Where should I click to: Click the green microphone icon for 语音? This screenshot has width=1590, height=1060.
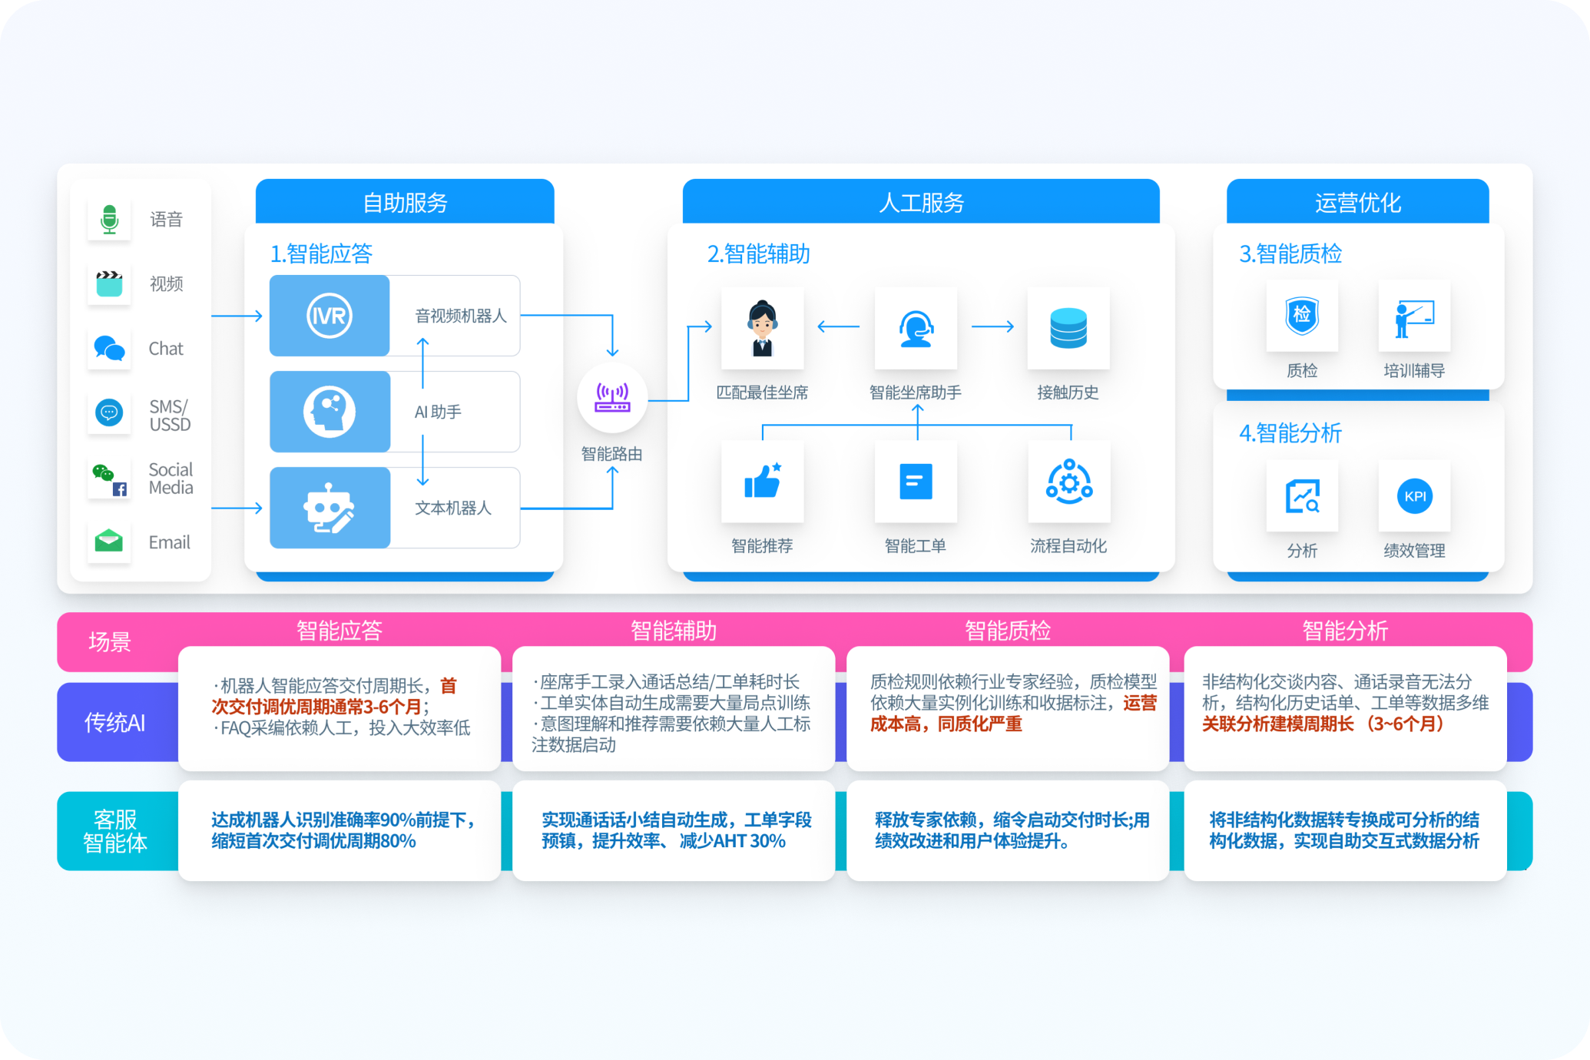click(x=109, y=219)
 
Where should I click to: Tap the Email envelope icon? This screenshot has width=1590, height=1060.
click(x=109, y=542)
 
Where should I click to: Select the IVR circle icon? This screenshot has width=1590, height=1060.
click(x=330, y=316)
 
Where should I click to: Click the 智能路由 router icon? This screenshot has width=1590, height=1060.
click(x=612, y=398)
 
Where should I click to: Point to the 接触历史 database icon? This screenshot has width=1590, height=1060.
click(x=1068, y=328)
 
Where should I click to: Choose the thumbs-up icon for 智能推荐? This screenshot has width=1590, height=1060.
click(x=762, y=482)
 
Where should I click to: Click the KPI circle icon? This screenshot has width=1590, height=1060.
click(x=1415, y=496)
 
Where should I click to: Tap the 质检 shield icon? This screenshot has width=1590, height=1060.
click(x=1302, y=316)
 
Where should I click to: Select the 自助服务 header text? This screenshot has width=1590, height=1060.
click(x=405, y=203)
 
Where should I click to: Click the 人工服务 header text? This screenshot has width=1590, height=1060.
click(x=921, y=203)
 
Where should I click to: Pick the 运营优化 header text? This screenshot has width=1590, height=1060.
click(x=1357, y=203)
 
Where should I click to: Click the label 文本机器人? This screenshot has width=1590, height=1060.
click(x=453, y=508)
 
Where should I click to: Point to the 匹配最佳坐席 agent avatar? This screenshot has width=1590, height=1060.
click(x=762, y=328)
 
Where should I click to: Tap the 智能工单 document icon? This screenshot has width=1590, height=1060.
click(x=916, y=482)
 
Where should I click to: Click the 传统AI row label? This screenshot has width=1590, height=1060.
click(x=114, y=722)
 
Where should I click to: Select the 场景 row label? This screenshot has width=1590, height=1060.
click(x=110, y=641)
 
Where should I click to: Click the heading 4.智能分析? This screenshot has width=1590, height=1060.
click(x=1290, y=433)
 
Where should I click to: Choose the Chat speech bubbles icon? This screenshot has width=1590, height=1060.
click(x=109, y=348)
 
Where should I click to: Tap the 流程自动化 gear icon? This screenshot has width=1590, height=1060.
click(x=1069, y=482)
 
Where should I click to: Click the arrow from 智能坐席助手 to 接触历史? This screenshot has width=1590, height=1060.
click(x=992, y=326)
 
